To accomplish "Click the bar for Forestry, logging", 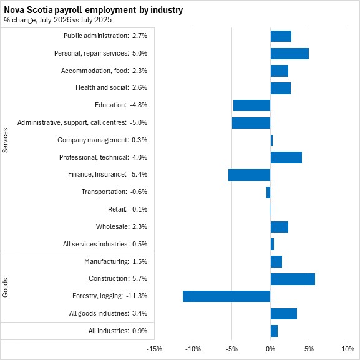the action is pyautogui.click(x=226, y=296).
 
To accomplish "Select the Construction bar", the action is pyautogui.click(x=293, y=279).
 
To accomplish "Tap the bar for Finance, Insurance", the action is pyautogui.click(x=250, y=175).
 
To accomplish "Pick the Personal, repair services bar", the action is pyautogui.click(x=289, y=54).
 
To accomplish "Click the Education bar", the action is pyautogui.click(x=252, y=105).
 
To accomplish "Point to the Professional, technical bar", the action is pyautogui.click(x=286, y=157).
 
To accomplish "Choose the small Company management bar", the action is pyautogui.click(x=271, y=140).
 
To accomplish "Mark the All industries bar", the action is pyautogui.click(x=274, y=331).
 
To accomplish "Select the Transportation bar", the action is pyautogui.click(x=268, y=192).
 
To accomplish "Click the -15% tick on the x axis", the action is pyautogui.click(x=154, y=349).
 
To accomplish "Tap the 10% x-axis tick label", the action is pyautogui.click(x=348, y=349).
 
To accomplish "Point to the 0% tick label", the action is pyautogui.click(x=270, y=349).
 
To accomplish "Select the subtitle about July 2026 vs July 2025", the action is pyautogui.click(x=57, y=20).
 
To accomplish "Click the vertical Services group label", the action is pyautogui.click(x=5, y=140).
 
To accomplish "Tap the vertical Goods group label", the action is pyautogui.click(x=5, y=288).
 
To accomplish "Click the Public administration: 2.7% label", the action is pyautogui.click(x=105, y=36).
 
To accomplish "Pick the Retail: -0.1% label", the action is pyautogui.click(x=128, y=209).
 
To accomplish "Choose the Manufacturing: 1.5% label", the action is pyautogui.click(x=115, y=261).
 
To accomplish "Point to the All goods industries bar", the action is pyautogui.click(x=284, y=314).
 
